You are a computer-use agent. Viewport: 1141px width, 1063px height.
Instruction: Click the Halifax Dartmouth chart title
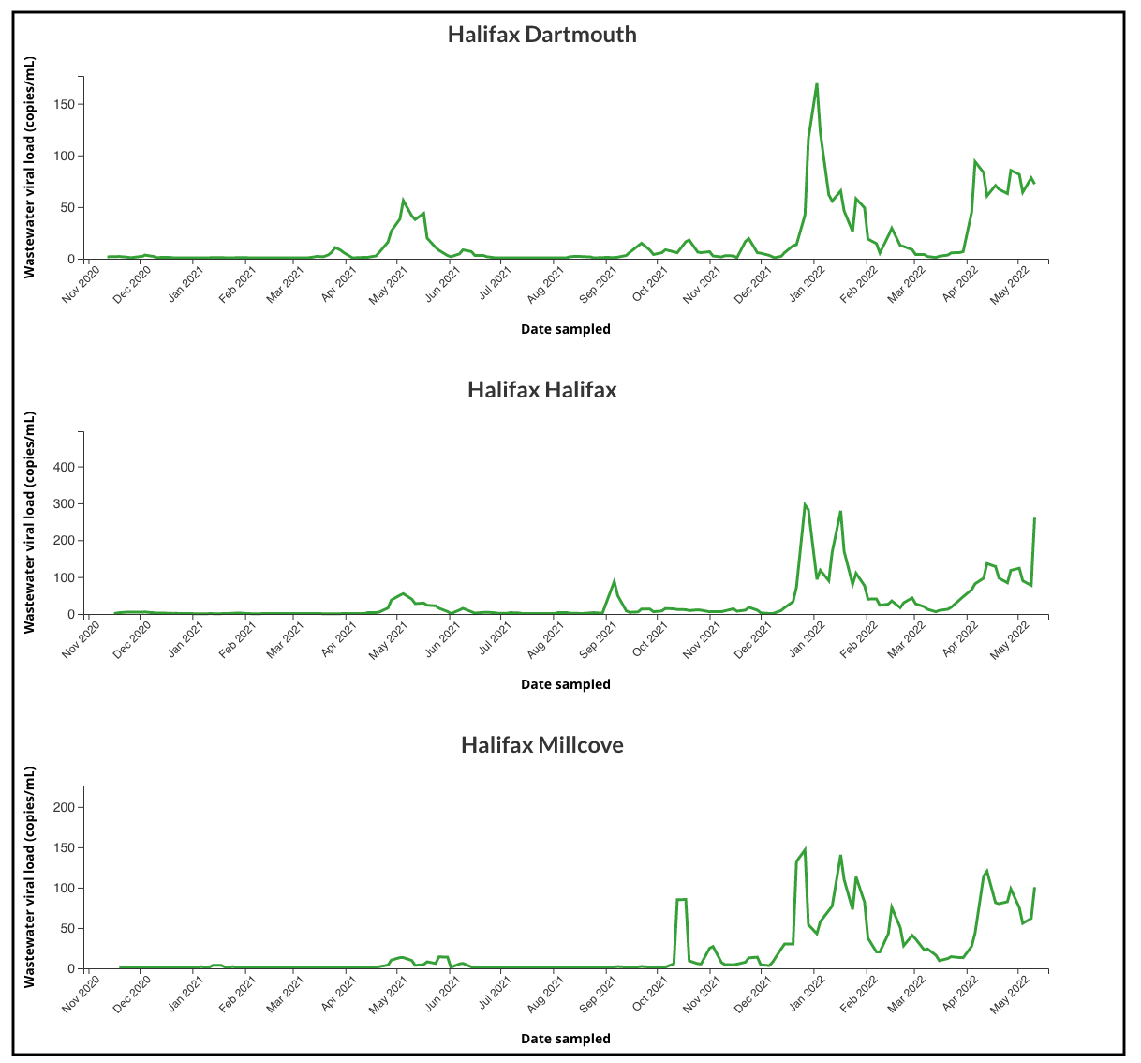click(541, 35)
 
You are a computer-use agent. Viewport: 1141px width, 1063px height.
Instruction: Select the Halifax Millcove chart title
click(541, 745)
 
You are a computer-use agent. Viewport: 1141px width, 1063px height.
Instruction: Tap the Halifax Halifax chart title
click(541, 390)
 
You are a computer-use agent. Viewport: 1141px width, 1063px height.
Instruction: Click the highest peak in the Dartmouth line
click(817, 84)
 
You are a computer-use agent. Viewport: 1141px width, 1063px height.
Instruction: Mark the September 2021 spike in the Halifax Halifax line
click(615, 581)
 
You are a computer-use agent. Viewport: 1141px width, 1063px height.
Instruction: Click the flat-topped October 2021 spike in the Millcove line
click(681, 900)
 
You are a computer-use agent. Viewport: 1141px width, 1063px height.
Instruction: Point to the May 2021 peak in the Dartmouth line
click(403, 201)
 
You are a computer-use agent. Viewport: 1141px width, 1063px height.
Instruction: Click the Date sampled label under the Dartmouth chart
click(565, 329)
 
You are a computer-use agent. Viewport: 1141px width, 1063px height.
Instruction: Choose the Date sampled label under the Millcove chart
click(565, 1039)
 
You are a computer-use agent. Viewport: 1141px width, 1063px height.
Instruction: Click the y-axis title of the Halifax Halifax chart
click(29, 522)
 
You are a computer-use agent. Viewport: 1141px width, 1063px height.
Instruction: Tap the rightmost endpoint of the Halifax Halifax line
click(1034, 518)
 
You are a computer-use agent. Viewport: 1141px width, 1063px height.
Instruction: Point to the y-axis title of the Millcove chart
click(29, 876)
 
